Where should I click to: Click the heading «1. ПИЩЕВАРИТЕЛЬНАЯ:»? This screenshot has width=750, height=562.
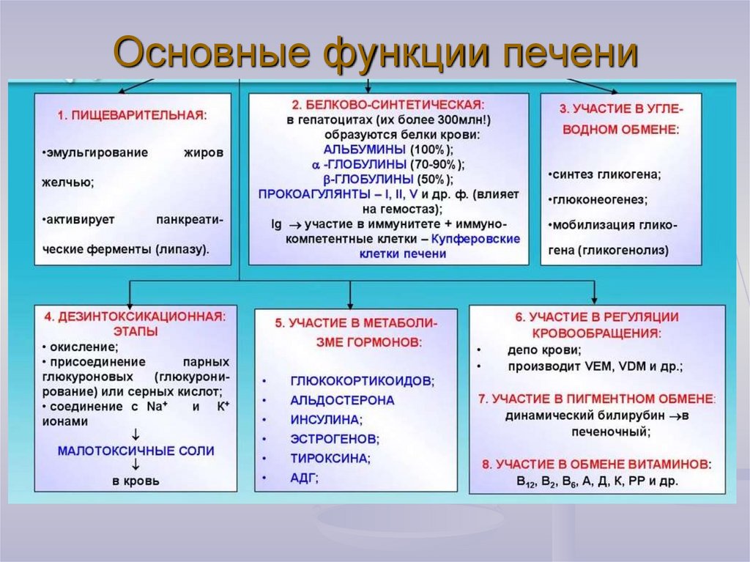tap(132, 115)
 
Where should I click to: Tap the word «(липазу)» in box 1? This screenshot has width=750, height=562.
tap(182, 249)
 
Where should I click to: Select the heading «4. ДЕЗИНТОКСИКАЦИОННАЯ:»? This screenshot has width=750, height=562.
tap(135, 317)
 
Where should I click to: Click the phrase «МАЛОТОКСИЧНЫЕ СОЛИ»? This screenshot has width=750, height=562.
tap(136, 451)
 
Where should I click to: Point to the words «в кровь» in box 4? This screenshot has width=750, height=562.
tap(135, 481)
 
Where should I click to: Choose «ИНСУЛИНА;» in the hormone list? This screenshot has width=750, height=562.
tap(326, 420)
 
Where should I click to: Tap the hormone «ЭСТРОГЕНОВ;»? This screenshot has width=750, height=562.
tap(335, 439)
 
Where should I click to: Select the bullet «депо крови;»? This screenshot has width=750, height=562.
tap(544, 350)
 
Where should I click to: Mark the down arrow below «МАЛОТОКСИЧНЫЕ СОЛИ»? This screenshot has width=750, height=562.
tap(136, 465)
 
